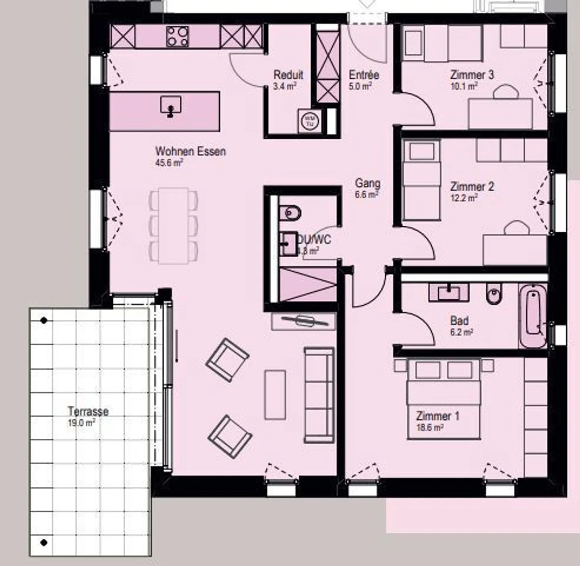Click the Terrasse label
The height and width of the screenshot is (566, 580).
(x=88, y=411)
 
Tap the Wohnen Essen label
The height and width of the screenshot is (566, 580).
(x=190, y=151)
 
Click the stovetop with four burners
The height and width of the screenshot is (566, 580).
(x=177, y=37)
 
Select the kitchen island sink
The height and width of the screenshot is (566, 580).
(x=170, y=106)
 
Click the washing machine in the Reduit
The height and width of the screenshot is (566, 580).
(x=310, y=120)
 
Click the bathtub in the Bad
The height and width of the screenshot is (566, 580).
(x=533, y=317)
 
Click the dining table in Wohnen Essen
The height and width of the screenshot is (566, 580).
(x=173, y=225)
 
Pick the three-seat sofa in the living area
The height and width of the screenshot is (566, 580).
(x=319, y=395)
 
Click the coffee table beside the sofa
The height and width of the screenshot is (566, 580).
(x=275, y=395)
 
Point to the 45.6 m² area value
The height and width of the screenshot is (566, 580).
(x=169, y=163)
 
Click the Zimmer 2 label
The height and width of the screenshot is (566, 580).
(x=472, y=187)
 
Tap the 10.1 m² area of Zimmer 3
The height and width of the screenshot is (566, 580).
(x=464, y=86)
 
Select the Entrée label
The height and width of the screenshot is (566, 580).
(x=364, y=75)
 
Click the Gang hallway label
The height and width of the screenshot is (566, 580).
(x=367, y=183)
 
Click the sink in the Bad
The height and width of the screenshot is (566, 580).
(x=449, y=292)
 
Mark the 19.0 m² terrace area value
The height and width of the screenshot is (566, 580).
(x=81, y=423)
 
